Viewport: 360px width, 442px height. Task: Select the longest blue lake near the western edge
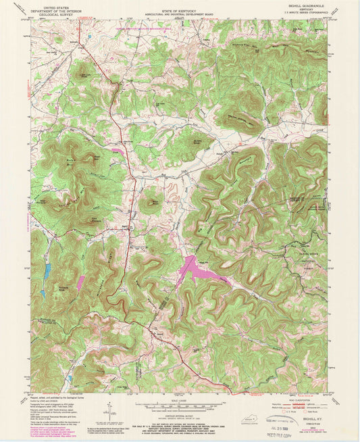click(x=47, y=271)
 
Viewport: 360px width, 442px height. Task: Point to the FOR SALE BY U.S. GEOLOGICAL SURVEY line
click(x=180, y=424)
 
